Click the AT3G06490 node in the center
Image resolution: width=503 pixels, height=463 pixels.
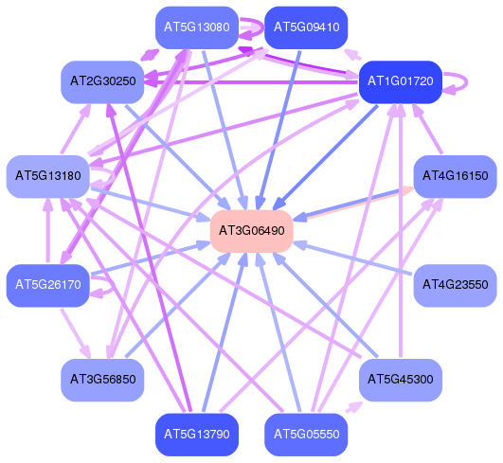click(x=252, y=231)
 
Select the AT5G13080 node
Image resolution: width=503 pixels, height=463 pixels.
click(x=197, y=27)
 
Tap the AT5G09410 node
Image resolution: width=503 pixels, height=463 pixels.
click(x=306, y=27)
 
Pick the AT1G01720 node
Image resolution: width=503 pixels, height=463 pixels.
click(x=401, y=81)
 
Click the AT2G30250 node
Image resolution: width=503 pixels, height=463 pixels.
click(x=102, y=81)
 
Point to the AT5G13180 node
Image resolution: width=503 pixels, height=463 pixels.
click(x=48, y=176)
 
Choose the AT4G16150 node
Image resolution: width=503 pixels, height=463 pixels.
click(x=456, y=176)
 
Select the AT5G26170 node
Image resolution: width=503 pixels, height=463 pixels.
click(x=48, y=285)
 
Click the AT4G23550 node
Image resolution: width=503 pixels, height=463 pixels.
click(x=456, y=285)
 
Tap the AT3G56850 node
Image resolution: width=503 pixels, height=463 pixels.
click(x=102, y=380)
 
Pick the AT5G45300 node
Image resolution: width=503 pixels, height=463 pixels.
click(x=401, y=380)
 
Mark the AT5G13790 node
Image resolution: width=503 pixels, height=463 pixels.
click(x=197, y=435)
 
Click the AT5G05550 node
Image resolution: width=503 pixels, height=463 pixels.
click(x=306, y=435)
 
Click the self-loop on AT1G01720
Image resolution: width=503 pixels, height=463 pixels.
click(x=466, y=82)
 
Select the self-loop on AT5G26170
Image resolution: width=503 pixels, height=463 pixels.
click(x=113, y=285)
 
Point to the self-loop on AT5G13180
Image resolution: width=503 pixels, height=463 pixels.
click(x=114, y=176)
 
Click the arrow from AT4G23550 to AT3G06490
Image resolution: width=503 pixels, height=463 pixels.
click(x=353, y=258)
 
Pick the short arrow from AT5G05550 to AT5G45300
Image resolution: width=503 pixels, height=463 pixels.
click(x=354, y=407)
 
